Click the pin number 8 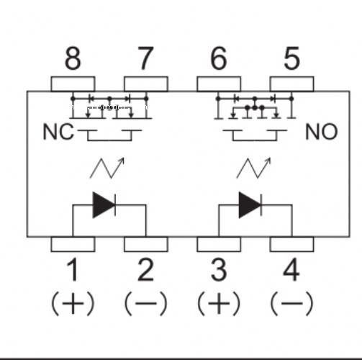pos(73,58)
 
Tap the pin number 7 pos(145,58)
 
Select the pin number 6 pos(219,58)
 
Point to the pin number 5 pos(291,58)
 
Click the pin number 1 pos(73,270)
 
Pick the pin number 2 pos(145,270)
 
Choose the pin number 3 pos(219,270)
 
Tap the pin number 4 pos(291,270)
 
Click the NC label pos(58,132)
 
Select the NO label pos(322,132)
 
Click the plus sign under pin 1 pos(73,303)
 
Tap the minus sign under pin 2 pos(145,303)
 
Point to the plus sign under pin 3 pos(219,303)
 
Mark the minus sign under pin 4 pos(291,303)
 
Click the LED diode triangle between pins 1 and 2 pos(103,205)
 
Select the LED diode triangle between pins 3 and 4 pos(249,205)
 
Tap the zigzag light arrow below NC pos(107,168)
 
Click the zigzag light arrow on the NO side pos(253,168)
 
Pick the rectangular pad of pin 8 pos(73,84)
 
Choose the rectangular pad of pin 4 pos(291,244)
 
